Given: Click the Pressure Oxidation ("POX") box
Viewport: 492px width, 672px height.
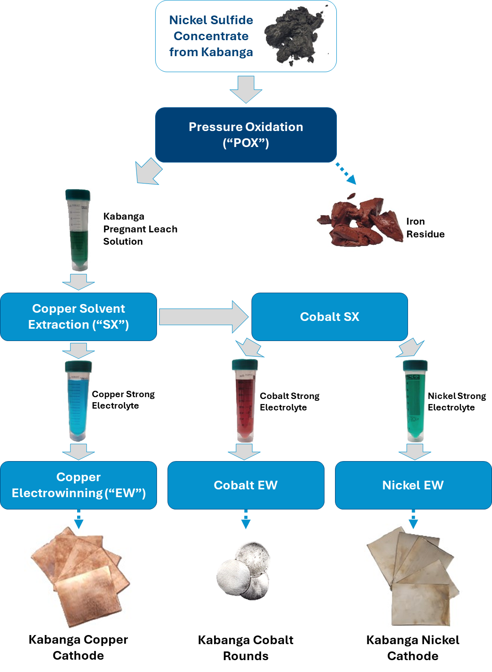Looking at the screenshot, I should coord(246,135).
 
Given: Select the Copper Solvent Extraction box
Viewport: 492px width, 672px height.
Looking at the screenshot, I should coord(79,317).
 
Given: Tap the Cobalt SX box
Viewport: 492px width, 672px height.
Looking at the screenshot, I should coord(330,317).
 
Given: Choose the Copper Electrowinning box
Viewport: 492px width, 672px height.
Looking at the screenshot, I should coord(79,485).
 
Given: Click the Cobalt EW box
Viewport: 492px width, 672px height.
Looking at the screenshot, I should coord(246,485).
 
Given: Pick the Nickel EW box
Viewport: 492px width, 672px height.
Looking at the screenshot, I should coord(413,485).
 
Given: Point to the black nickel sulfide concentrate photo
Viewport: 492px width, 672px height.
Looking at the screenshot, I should coord(293,36).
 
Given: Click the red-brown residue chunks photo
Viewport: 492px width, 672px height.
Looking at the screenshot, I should coord(360,220).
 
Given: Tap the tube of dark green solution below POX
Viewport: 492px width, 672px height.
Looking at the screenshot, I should coord(79,230).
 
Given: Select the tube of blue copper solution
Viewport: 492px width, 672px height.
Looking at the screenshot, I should coord(79,401).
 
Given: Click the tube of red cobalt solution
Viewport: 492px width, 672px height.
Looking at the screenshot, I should coord(246,401).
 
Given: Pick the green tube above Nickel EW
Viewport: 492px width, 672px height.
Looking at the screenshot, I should coord(414,401).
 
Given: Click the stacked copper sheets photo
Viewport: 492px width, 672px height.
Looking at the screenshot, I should coord(79,576).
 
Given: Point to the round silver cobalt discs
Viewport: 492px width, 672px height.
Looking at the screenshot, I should coord(244,571).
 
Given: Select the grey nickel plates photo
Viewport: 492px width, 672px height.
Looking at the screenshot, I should coord(413,576).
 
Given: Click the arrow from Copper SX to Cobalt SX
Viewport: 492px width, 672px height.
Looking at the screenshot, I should coord(204,317).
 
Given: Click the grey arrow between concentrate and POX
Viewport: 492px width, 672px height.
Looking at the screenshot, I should coord(246,89).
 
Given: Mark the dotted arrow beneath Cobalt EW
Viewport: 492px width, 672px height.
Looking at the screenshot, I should coord(246,519).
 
